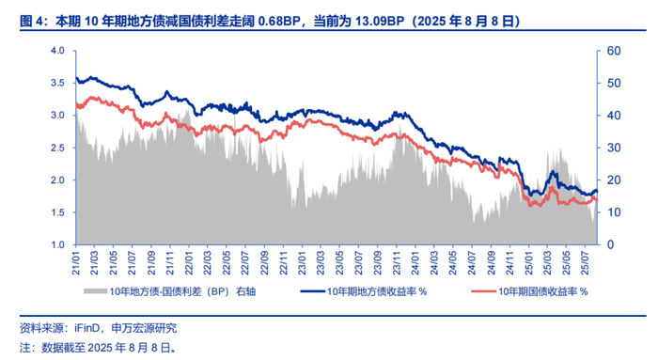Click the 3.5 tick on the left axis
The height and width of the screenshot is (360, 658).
coord(57,83)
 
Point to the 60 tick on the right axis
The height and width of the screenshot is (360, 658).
coord(614,51)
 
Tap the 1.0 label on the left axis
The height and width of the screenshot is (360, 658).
coord(57,244)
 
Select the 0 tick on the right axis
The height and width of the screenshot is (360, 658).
coord(611,244)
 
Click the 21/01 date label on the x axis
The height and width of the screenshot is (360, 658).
coord(76,263)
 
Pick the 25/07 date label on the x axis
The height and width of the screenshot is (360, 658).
coord(586,263)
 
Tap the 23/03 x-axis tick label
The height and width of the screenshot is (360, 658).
coord(321,263)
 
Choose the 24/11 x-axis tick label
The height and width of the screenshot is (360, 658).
coord(509,263)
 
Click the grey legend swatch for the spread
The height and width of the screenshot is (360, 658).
coord(95,291)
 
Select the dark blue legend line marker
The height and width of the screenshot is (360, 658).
coord(313,291)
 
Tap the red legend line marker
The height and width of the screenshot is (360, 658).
coord(484,291)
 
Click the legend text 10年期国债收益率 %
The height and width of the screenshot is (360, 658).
coord(543,291)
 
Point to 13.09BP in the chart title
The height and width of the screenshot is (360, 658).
coord(380,22)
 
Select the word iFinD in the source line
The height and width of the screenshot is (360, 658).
coord(86,328)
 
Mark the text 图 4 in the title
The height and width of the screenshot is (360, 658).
coord(31,22)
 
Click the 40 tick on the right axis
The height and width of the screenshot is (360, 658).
coord(614,116)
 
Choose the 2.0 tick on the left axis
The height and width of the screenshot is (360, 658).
coord(57,180)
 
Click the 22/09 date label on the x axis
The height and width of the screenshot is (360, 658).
coord(264,263)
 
